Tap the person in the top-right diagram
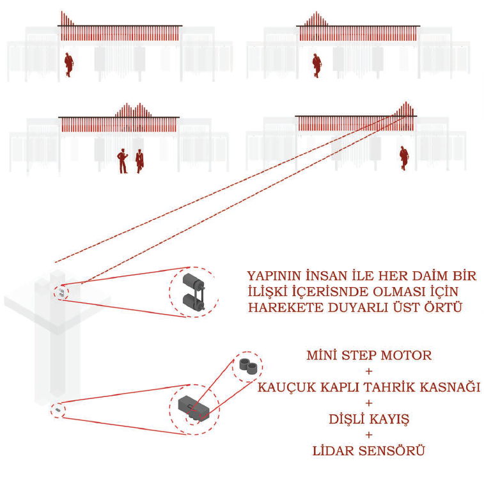tap(316, 66)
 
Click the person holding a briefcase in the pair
tap(139, 161)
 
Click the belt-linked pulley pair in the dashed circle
tap(192, 293)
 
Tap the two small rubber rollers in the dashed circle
tap(246, 366)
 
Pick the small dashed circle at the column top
tap(60, 292)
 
